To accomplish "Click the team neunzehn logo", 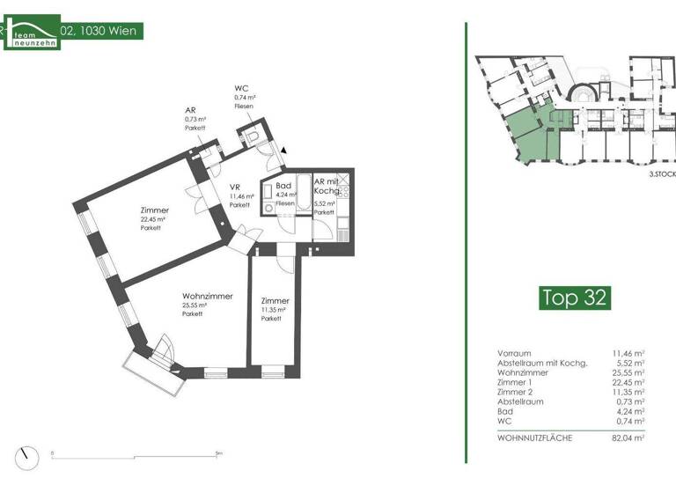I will click(30, 33).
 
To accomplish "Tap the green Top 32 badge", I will click(573, 298).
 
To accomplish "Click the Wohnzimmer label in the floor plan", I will click(207, 297).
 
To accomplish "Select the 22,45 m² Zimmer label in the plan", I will click(154, 210).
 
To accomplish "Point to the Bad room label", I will click(283, 187).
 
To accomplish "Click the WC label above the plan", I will click(241, 89).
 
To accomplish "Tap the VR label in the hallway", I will click(236, 188).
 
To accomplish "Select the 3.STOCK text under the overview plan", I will click(662, 175).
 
